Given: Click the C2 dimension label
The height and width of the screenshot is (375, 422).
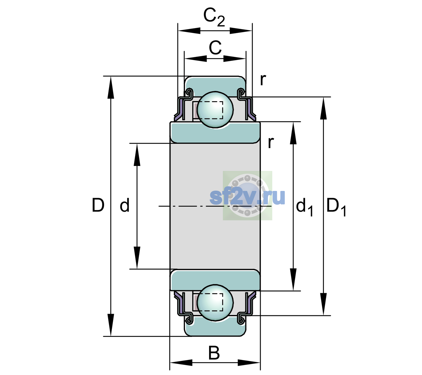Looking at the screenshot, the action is click(x=214, y=18).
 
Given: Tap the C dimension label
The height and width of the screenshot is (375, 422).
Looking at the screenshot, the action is click(x=215, y=48).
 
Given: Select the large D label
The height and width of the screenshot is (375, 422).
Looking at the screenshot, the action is click(x=98, y=205).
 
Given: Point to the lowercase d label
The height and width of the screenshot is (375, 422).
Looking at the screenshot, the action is click(x=125, y=205).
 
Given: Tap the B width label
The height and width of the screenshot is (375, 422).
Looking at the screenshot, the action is click(x=214, y=352).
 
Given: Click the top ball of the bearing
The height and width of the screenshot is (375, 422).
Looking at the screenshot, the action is click(x=215, y=109).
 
